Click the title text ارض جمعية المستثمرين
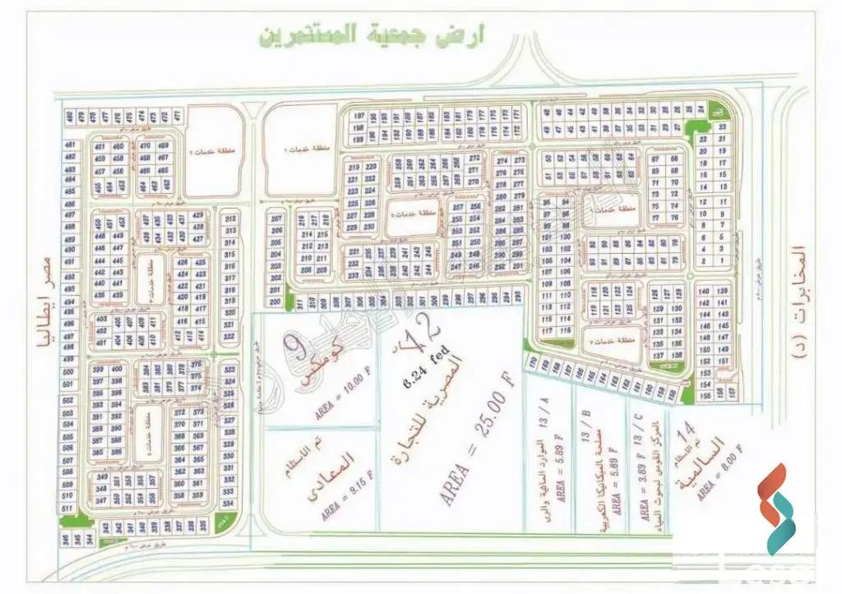(372, 35)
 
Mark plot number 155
(704, 394)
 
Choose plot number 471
(175, 115)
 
